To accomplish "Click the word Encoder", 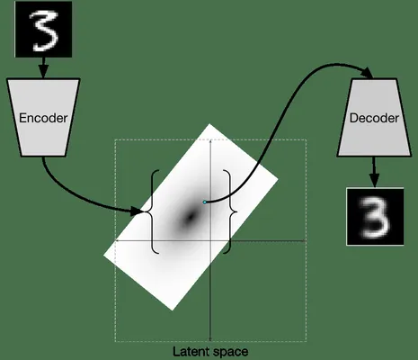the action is click(x=43, y=118).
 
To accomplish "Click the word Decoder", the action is click(x=374, y=118).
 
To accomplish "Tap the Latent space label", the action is click(x=210, y=352).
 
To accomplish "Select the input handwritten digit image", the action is click(x=43, y=29).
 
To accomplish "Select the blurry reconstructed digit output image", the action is click(x=375, y=217).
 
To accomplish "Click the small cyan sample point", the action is click(x=205, y=202).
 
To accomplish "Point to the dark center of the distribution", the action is click(x=190, y=217).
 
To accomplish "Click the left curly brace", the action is click(x=153, y=211).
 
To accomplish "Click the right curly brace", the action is click(x=230, y=211).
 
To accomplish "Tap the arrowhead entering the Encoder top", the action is click(x=44, y=73).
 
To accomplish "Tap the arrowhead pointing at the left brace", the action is click(x=138, y=211).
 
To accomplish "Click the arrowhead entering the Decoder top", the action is click(x=368, y=73).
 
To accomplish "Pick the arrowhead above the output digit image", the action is click(x=374, y=181).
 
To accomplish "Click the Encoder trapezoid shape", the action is click(x=43, y=117).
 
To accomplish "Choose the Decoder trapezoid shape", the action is click(x=374, y=117).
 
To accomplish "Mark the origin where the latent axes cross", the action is click(x=210, y=240).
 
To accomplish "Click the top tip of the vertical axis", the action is click(x=210, y=140).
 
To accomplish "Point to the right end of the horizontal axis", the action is click(x=306, y=240).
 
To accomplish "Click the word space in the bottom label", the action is click(x=231, y=353).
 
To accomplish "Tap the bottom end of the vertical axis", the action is click(x=210, y=340).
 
